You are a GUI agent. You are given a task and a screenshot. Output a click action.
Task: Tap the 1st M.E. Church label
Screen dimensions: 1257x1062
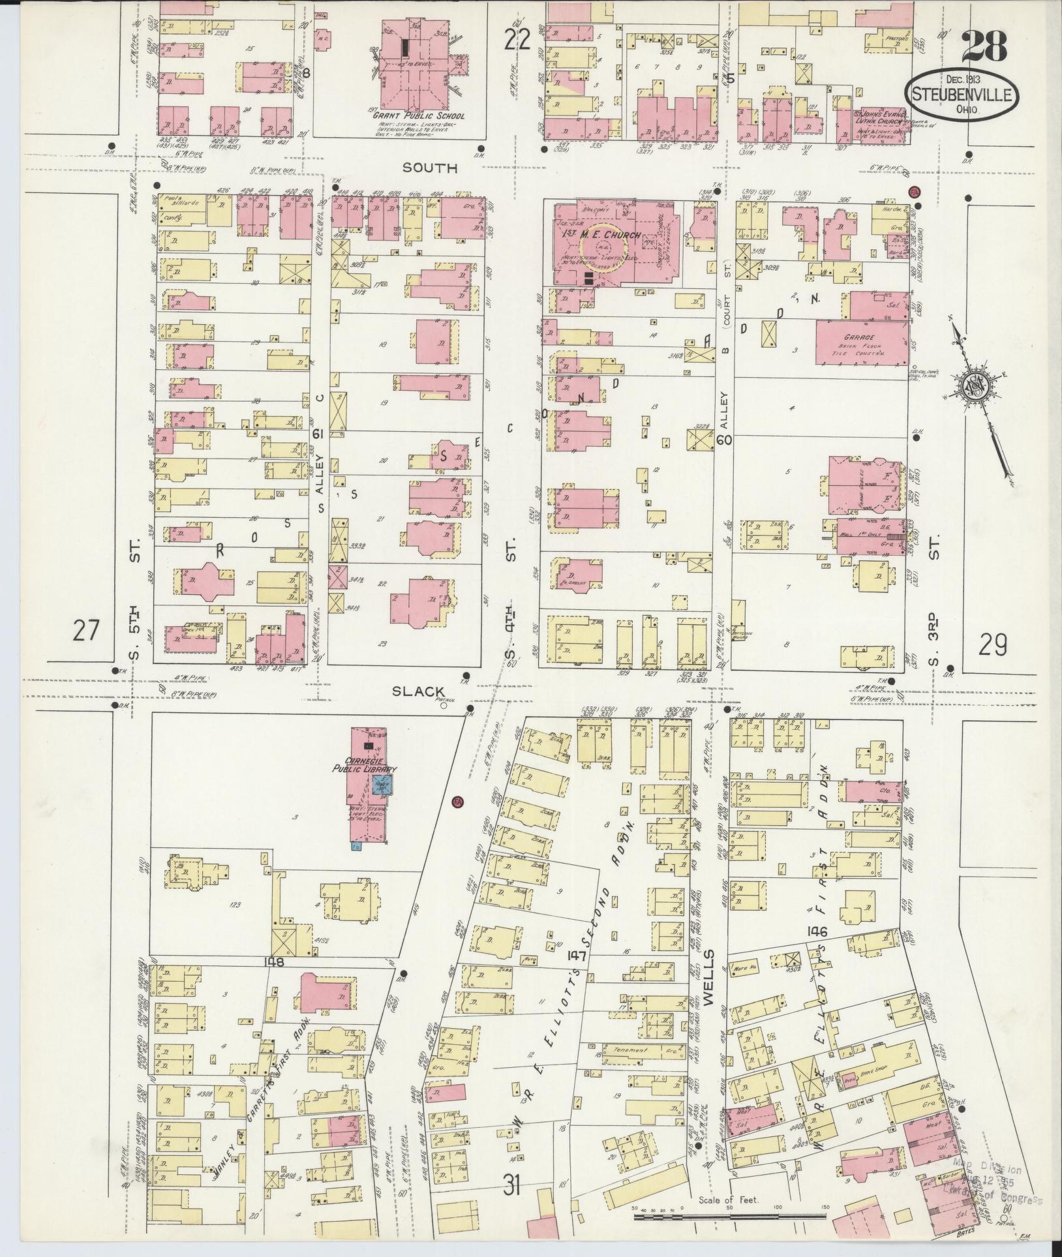coord(601,234)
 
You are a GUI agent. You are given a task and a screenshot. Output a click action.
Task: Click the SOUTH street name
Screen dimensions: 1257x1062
coord(429,168)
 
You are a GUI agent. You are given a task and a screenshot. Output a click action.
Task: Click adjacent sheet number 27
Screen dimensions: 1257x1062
coord(87,631)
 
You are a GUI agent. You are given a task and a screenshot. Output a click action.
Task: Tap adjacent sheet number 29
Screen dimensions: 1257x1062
coord(992,645)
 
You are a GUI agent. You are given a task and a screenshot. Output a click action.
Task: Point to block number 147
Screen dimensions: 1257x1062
coord(577,956)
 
